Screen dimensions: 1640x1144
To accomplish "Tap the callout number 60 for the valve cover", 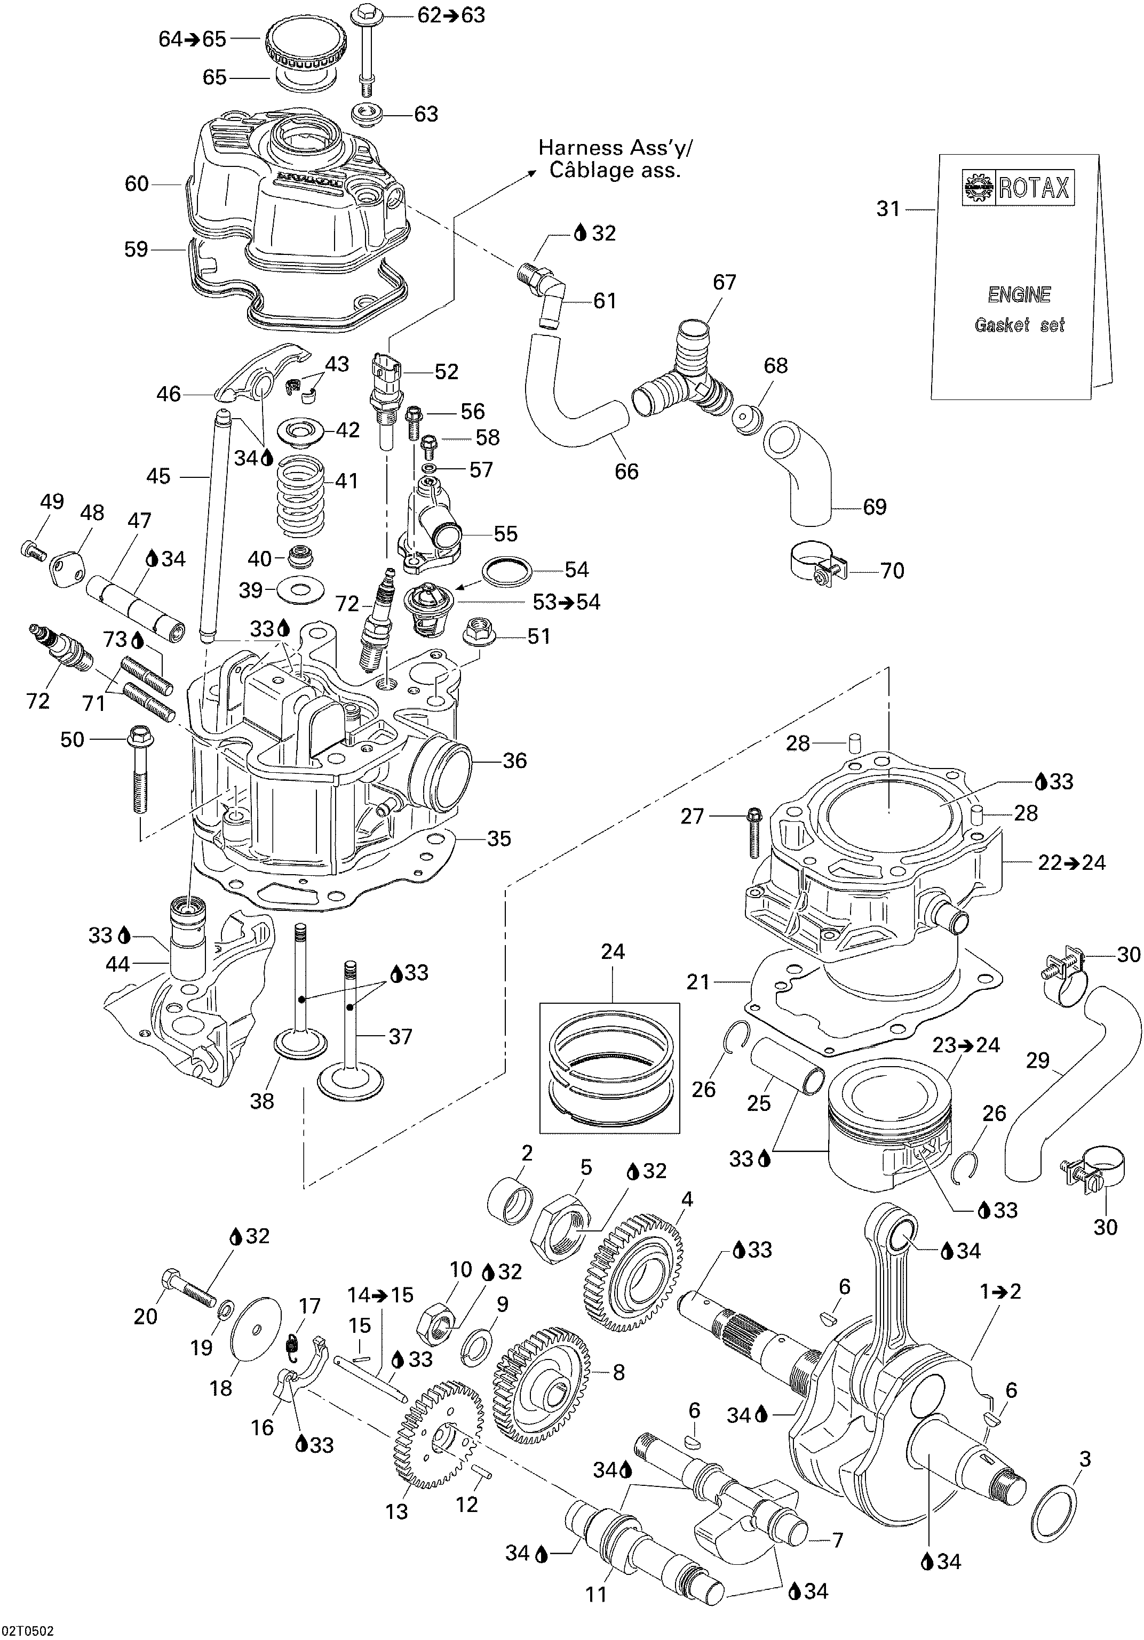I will click(137, 185).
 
